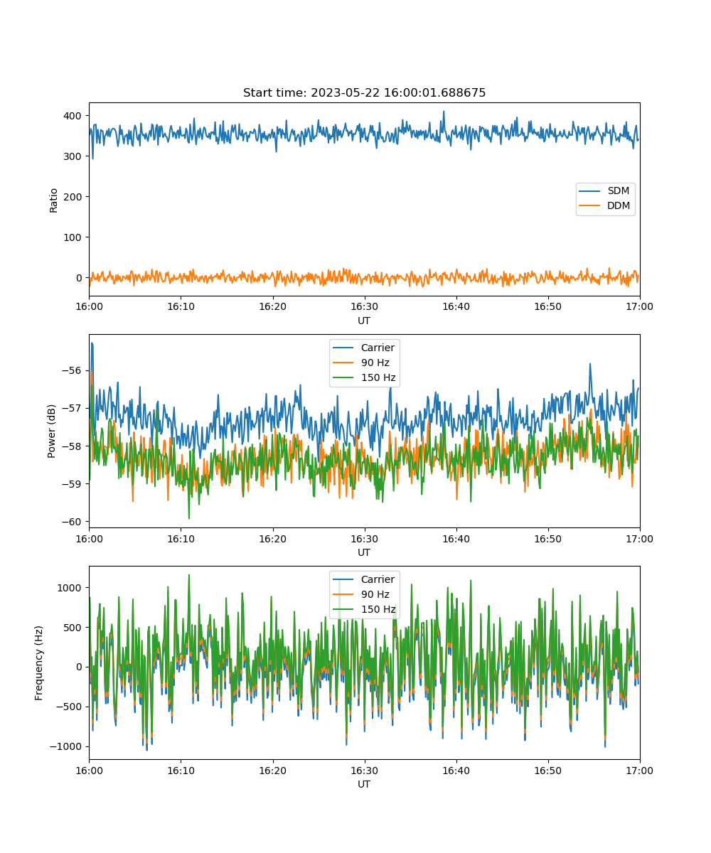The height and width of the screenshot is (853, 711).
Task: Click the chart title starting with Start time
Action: (364, 92)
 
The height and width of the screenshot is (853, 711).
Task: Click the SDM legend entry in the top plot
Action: (604, 191)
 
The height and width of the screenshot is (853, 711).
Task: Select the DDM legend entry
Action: (604, 205)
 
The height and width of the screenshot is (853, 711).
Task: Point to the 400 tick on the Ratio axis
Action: (73, 116)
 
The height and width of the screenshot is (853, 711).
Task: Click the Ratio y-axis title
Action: (53, 200)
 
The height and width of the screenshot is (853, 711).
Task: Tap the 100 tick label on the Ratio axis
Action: (73, 237)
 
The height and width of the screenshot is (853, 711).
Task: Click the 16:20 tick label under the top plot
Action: (272, 306)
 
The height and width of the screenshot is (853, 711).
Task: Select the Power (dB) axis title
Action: (51, 431)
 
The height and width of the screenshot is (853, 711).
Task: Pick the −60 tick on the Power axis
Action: (72, 522)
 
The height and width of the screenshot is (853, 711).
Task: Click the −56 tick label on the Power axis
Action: (72, 370)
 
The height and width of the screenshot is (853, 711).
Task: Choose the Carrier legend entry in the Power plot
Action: (363, 348)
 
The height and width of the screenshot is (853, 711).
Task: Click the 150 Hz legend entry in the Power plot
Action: (363, 377)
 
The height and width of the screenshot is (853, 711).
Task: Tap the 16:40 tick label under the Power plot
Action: (456, 539)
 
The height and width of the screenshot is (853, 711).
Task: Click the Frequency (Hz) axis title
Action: (38, 663)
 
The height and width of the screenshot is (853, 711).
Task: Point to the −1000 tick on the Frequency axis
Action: (65, 746)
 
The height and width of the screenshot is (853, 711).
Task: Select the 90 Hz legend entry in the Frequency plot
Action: (363, 594)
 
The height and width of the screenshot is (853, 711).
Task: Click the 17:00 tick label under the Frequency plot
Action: (639, 771)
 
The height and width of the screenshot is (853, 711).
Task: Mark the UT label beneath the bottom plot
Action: (363, 784)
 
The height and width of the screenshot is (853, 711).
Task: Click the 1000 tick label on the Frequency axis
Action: (69, 588)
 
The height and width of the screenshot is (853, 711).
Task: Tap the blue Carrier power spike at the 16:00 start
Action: (92, 344)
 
